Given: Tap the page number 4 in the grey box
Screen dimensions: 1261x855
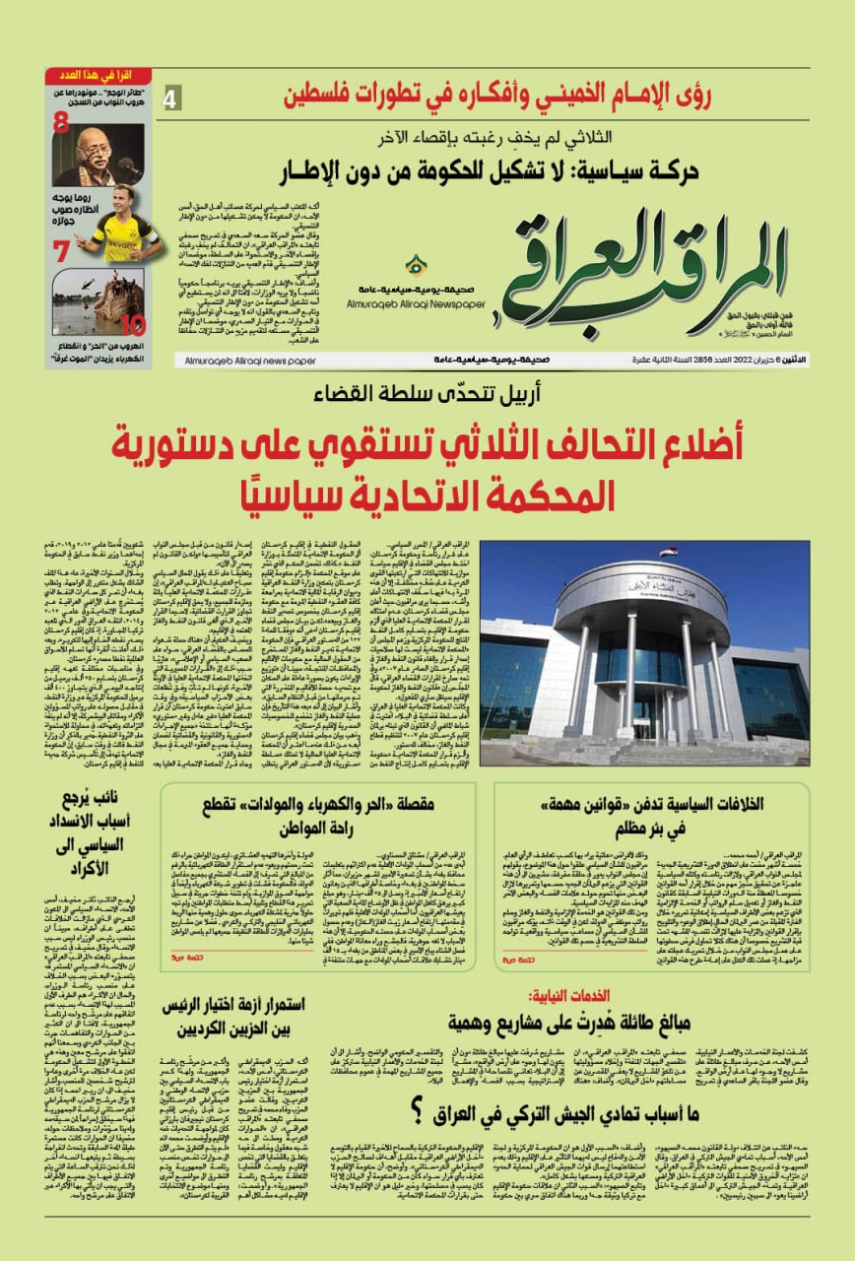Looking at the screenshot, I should pos(171,99).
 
